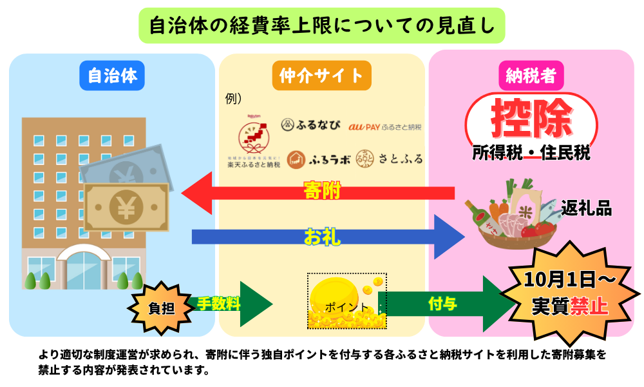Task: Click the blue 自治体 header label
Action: click(112, 76)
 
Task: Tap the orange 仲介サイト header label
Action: click(321, 76)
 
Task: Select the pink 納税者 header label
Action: click(531, 76)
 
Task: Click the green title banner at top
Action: click(322, 25)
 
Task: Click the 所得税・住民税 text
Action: click(531, 153)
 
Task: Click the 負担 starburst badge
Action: click(161, 308)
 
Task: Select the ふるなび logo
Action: click(310, 124)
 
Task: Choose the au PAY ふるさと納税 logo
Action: click(385, 127)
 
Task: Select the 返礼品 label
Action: click(586, 208)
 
